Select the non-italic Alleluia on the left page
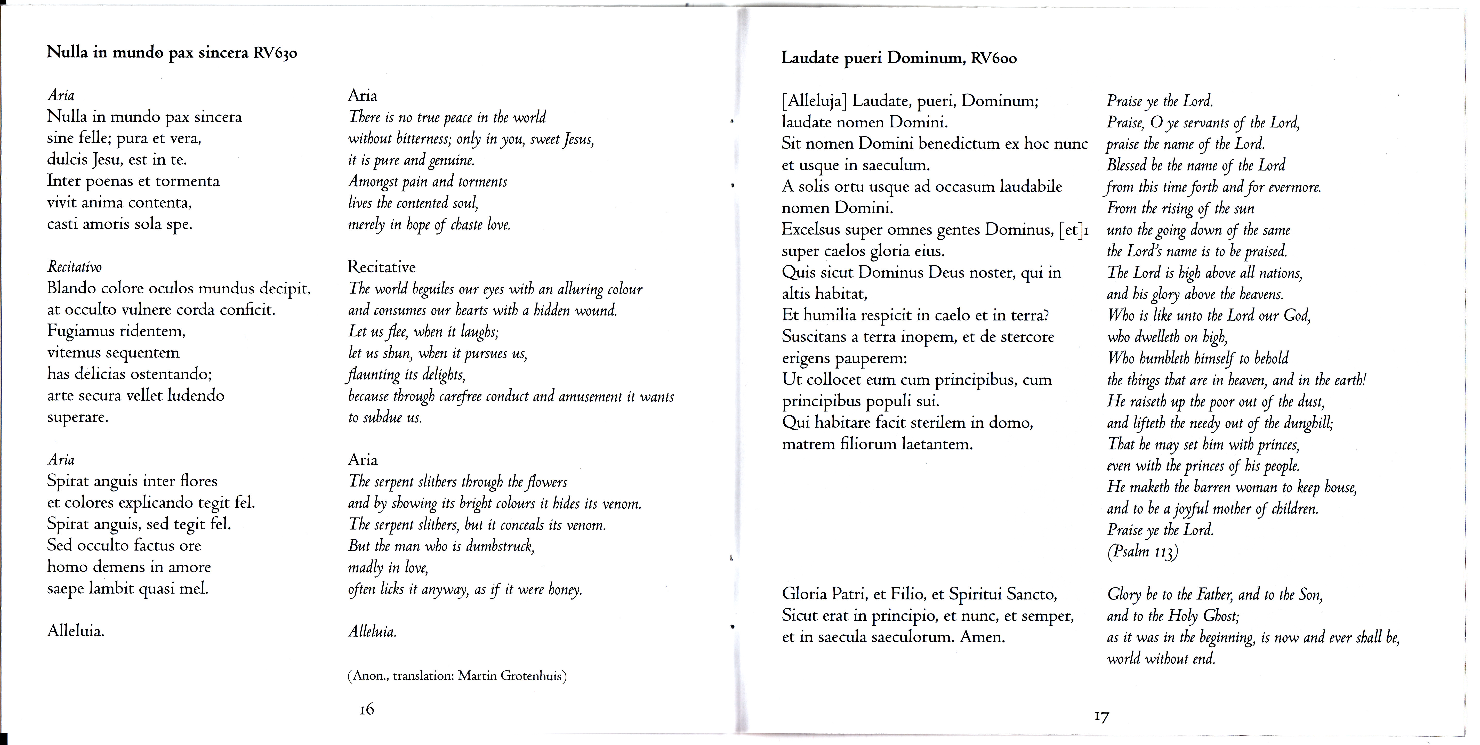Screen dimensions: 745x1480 76,632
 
